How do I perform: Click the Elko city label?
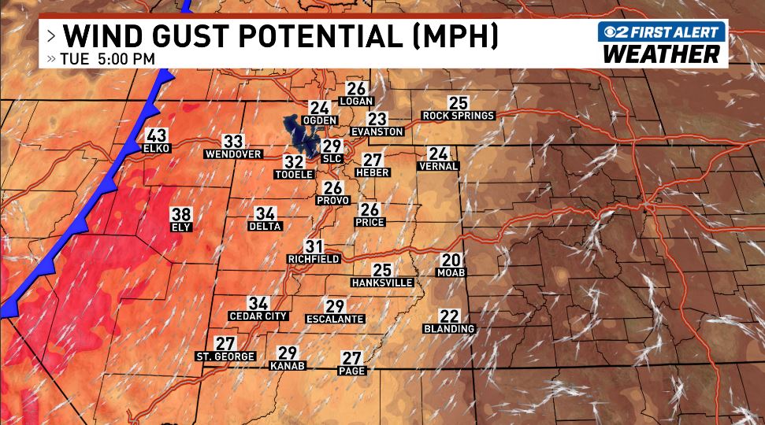tap(152, 148)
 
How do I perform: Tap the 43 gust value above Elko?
tap(157, 136)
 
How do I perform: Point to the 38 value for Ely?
tap(181, 214)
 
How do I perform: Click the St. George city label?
tap(225, 357)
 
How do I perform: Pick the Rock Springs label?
tap(458, 116)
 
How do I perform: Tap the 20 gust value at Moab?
tap(451, 261)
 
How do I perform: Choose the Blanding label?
tap(449, 328)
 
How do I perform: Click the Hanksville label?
tap(382, 283)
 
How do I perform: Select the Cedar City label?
tap(258, 316)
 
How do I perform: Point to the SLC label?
tap(332, 157)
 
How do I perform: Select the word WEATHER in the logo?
tap(661, 54)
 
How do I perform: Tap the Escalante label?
tap(335, 319)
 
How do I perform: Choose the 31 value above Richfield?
tap(314, 246)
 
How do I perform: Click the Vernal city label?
tap(438, 166)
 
